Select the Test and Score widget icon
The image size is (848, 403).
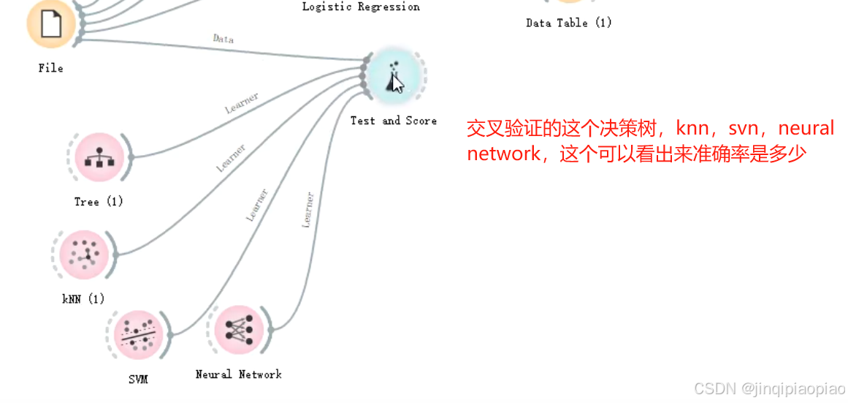point(394,77)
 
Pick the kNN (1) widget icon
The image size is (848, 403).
point(83,255)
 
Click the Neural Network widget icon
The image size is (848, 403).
point(238,331)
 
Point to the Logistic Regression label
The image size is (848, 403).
point(361,7)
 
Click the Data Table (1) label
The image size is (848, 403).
point(568,23)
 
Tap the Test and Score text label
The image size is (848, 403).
point(393,121)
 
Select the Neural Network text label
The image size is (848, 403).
point(238,374)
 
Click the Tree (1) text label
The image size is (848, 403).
point(99,201)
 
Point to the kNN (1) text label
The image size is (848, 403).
point(83,298)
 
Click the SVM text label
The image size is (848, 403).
point(138,379)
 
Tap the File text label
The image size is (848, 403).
point(50,68)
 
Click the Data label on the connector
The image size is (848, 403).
point(223,39)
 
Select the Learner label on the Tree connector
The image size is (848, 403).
point(242,103)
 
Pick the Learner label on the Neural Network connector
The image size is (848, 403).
point(308,210)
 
